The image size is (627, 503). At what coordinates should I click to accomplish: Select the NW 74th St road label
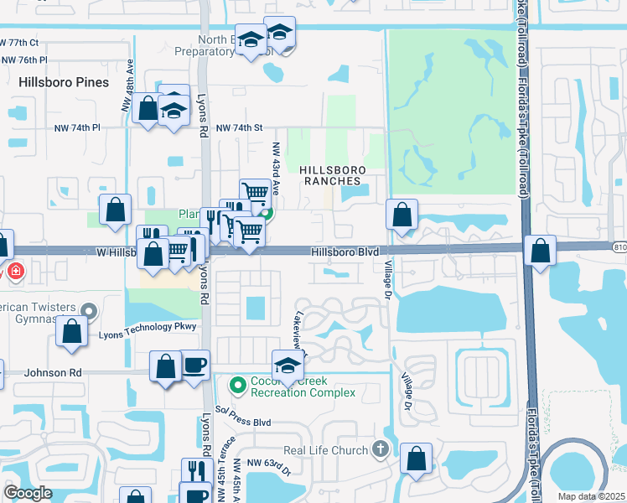click(240, 127)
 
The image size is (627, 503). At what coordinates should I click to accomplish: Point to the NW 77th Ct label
click(20, 42)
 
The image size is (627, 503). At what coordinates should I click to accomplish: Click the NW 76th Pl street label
click(24, 60)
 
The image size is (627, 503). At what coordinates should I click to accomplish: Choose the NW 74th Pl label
click(74, 127)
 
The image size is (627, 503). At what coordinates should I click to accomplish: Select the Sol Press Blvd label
click(243, 411)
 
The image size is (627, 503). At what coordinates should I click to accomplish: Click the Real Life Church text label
click(326, 450)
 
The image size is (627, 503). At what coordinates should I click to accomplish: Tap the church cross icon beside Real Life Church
click(381, 449)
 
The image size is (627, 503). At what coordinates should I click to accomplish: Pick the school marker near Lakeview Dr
click(287, 365)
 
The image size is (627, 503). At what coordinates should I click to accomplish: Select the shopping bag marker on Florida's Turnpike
click(541, 249)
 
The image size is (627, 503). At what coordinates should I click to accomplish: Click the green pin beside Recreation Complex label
click(237, 386)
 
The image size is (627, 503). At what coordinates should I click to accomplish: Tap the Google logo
click(28, 493)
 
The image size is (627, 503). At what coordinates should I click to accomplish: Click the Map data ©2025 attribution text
click(590, 496)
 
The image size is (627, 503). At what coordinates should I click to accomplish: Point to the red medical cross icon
click(15, 272)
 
